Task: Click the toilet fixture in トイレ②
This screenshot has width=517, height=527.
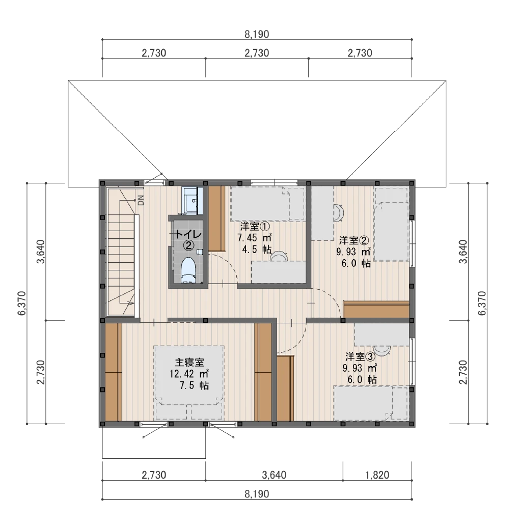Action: [188, 270]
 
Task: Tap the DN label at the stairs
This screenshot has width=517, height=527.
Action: [141, 200]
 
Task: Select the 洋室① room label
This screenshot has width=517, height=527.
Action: [255, 226]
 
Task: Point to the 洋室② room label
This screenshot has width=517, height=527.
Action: [354, 240]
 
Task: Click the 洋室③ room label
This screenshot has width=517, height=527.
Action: [360, 356]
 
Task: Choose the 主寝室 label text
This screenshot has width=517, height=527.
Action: [189, 363]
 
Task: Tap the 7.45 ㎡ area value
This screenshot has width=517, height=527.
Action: [255, 238]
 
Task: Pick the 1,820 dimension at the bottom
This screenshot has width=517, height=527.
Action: [377, 475]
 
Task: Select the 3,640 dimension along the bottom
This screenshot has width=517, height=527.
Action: [274, 475]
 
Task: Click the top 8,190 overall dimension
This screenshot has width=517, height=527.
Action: [257, 34]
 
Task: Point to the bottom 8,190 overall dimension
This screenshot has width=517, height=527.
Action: [257, 494]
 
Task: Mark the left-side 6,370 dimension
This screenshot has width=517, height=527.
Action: [22, 303]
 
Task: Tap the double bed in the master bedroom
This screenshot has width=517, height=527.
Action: [189, 383]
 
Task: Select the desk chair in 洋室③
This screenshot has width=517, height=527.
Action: [382, 350]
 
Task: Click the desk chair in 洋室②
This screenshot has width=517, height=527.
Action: [339, 213]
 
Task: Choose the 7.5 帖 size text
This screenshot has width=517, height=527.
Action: [194, 385]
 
